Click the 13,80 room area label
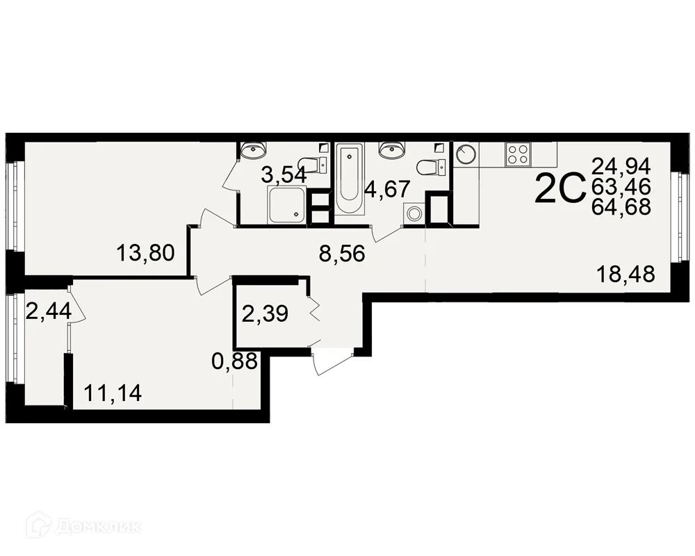click(146, 253)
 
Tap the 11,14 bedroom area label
click(113, 393)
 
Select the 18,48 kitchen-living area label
click(626, 274)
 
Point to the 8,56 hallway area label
click(342, 254)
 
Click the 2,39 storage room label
click(265, 314)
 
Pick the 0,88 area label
click(234, 361)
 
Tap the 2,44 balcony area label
click(49, 311)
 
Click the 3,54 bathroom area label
click(284, 175)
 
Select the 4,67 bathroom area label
click(386, 189)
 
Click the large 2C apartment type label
click(560, 188)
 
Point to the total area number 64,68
click(621, 206)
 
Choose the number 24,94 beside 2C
click(621, 166)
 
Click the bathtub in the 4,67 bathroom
click(350, 179)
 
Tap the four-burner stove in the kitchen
click(518, 155)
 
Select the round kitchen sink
click(466, 154)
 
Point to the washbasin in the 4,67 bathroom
click(392, 149)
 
